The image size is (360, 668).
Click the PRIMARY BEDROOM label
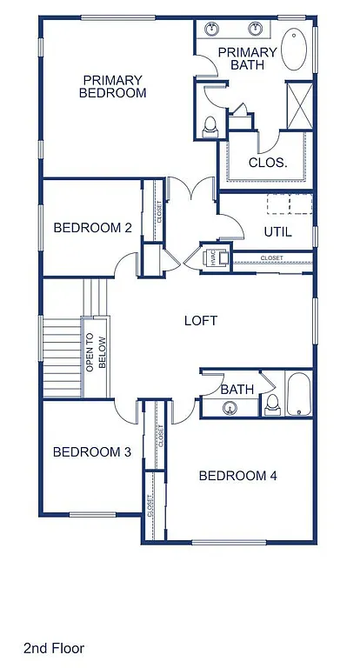113,85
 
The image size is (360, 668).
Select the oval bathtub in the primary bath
295,51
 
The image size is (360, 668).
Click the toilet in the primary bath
210,128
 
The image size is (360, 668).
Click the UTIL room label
277,232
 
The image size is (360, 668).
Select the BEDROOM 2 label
92,228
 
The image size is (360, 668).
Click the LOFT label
201,320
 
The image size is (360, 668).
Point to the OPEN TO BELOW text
95,354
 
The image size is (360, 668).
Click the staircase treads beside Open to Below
61,352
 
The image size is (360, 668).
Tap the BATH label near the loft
237,389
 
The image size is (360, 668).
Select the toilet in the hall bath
271,403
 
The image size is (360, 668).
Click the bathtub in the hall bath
297,394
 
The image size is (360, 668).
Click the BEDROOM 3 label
91,451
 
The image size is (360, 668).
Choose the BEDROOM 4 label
237,475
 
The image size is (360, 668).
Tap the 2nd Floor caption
54,648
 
